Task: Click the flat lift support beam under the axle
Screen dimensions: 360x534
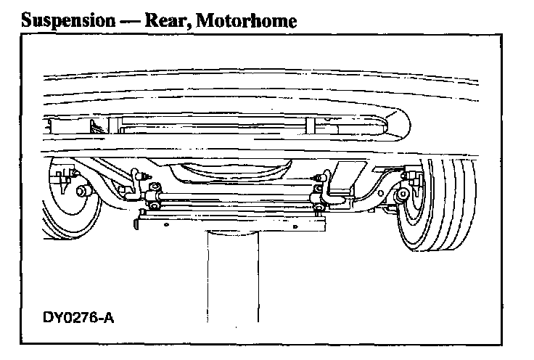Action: point(232,221)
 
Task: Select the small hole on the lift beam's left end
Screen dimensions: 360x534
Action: point(165,224)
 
